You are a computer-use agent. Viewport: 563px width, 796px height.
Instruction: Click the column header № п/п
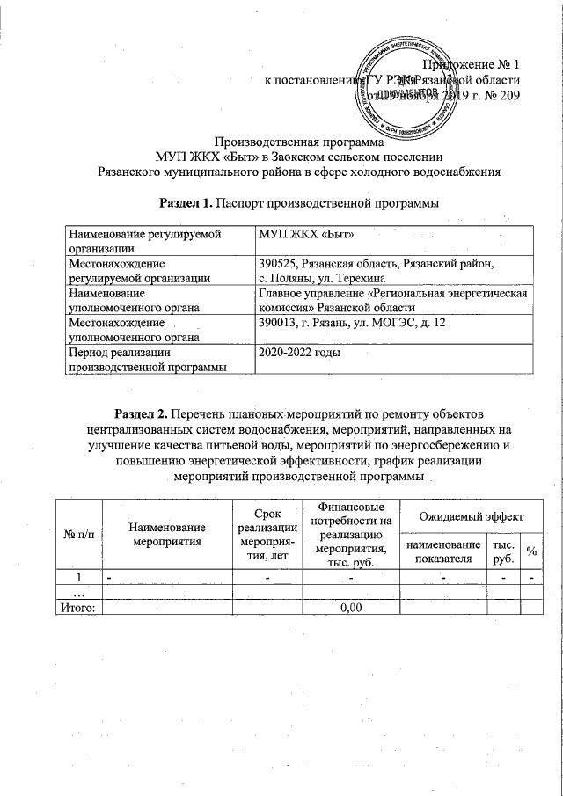point(77,534)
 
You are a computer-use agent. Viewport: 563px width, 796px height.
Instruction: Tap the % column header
point(531,551)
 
